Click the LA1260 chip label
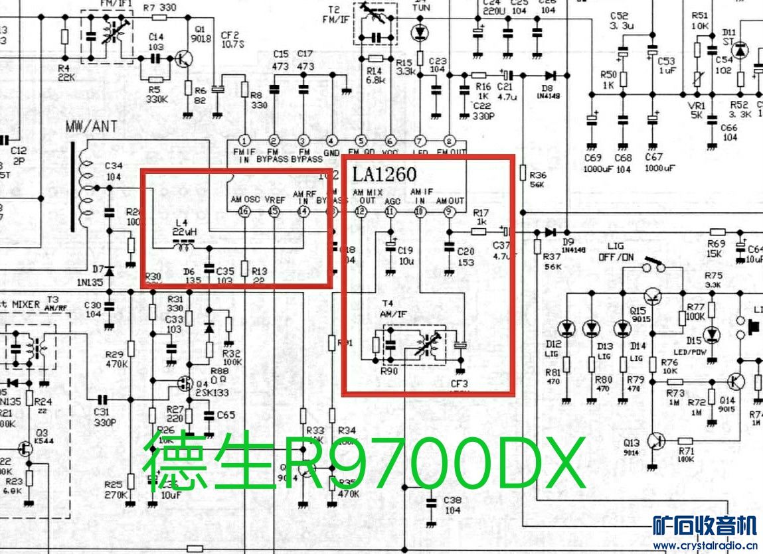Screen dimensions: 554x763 pyautogui.click(x=384, y=174)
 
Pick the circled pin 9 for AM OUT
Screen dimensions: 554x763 pyautogui.click(x=449, y=212)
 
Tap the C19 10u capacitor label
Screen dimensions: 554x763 pyautogui.click(x=405, y=255)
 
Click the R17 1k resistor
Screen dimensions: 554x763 pyautogui.click(x=479, y=232)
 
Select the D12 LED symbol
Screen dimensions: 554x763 pyautogui.click(x=566, y=328)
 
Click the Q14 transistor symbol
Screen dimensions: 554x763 pyautogui.click(x=734, y=381)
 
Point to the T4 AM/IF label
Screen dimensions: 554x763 pyautogui.click(x=393, y=309)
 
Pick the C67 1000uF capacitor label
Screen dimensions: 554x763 pyautogui.click(x=653, y=163)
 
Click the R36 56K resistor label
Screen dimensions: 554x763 pyautogui.click(x=537, y=179)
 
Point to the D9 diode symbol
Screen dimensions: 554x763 pyautogui.click(x=550, y=232)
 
